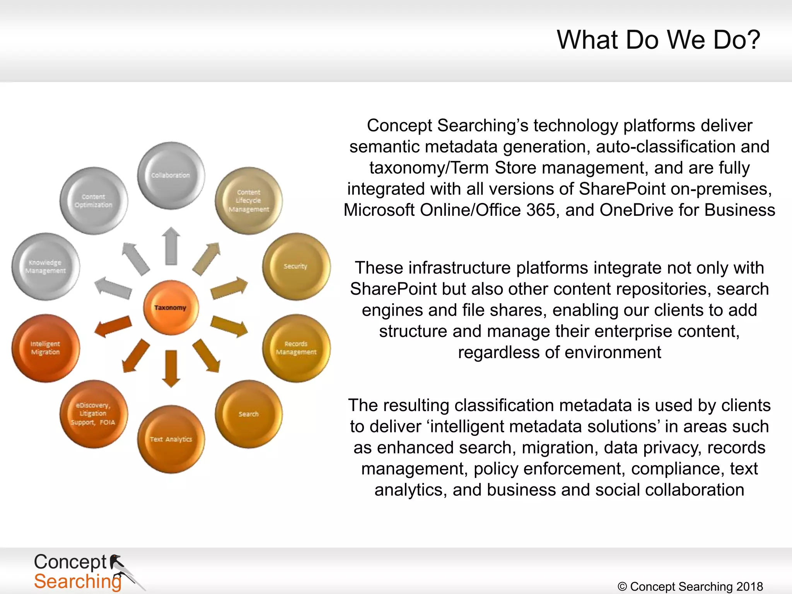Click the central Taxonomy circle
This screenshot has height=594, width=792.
click(x=171, y=307)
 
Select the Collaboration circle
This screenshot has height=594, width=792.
click(x=171, y=176)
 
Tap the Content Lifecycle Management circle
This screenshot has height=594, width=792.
click(x=249, y=201)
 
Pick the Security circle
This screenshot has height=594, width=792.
click(x=296, y=266)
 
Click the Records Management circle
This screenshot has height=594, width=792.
click(x=296, y=348)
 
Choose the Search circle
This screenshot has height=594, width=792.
click(x=249, y=414)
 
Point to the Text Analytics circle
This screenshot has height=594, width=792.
click(x=171, y=439)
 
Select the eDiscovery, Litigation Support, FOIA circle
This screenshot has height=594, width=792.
click(x=93, y=414)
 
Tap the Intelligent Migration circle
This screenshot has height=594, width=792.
click(x=46, y=348)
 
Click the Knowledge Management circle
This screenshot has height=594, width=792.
click(x=46, y=266)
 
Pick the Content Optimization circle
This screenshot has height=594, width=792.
click(x=93, y=201)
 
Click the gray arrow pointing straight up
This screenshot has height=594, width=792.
click(x=171, y=246)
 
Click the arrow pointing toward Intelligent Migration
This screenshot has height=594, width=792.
click(x=113, y=326)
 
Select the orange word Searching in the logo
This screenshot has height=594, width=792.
click(x=77, y=582)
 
